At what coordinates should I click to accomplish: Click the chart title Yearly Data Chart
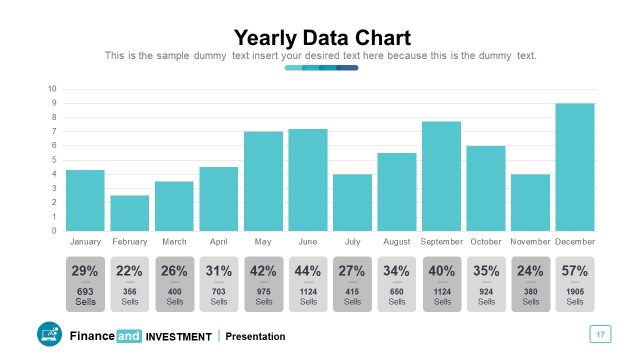[x=321, y=37]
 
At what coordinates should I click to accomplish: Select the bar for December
[x=575, y=166]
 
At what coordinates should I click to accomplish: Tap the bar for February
[x=130, y=212]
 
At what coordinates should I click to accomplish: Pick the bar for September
[x=441, y=175]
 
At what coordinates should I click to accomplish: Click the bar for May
[x=263, y=180]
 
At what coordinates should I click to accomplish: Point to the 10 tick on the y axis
[x=52, y=89]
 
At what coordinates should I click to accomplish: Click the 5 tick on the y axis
[x=53, y=160]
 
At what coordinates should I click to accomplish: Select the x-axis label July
[x=352, y=242]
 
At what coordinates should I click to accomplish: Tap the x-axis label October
[x=486, y=242]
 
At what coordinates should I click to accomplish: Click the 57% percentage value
[x=575, y=270]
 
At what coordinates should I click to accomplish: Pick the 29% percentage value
[x=85, y=270]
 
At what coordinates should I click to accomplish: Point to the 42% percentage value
[x=263, y=270]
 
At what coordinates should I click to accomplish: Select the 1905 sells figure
[x=575, y=291]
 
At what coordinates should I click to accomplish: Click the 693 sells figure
[x=85, y=291]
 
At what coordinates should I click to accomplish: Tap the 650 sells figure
[x=397, y=291]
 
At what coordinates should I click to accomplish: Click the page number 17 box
[x=601, y=334]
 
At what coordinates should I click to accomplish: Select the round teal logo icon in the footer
[x=49, y=335]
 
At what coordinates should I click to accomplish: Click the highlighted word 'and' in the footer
[x=129, y=336]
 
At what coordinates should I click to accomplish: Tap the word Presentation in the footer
[x=255, y=336]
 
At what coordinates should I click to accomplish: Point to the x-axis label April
[x=219, y=242]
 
